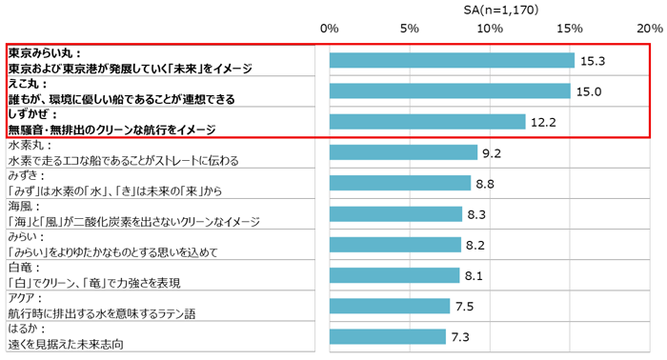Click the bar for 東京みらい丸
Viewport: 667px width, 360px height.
pyautogui.click(x=452, y=60)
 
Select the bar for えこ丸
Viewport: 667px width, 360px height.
pyautogui.click(x=450, y=90)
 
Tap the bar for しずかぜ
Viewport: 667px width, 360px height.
pyautogui.click(x=428, y=121)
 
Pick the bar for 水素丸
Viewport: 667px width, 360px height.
pyautogui.click(x=403, y=152)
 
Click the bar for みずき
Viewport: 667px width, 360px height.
pyautogui.click(x=400, y=183)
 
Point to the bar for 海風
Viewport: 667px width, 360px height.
pyautogui.click(x=396, y=213)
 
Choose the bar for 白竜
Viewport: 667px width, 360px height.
pyautogui.click(x=394, y=275)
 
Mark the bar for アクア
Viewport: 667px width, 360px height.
pyautogui.click(x=390, y=306)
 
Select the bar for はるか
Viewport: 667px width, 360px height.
pyautogui.click(x=388, y=336)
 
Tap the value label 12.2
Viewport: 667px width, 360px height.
pyautogui.click(x=541, y=122)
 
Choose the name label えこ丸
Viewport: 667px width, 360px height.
pyautogui.click(x=29, y=84)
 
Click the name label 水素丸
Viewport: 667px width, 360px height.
pyautogui.click(x=29, y=146)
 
